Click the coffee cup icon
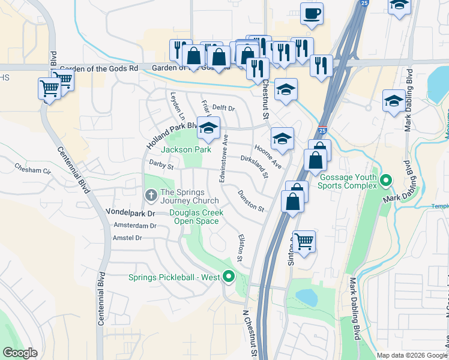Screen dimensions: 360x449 coord(312,13)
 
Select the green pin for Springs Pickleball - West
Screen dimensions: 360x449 coord(228,277)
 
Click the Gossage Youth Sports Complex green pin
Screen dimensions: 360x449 coord(387,179)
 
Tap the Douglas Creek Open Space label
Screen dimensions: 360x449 coord(196,217)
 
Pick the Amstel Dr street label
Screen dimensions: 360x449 coord(127,238)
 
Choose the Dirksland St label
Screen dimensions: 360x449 coord(254,166)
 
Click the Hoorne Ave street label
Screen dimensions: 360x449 coord(267,155)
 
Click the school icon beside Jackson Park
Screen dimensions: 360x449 coord(208,128)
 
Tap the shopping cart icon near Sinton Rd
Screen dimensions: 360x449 coord(304,242)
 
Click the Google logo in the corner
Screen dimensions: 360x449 coord(19,353)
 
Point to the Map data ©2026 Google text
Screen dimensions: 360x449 coord(412,355)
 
